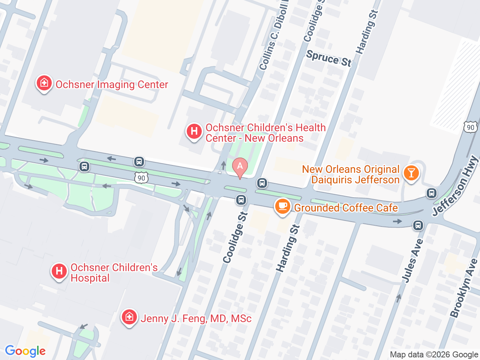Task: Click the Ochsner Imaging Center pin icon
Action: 44,83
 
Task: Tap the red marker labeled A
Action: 240,167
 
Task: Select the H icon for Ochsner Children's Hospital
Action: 59,271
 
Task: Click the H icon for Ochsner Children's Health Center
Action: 194,132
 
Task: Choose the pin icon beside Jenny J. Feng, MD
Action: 129,317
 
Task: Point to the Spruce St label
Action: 329,58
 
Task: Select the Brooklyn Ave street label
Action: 464,288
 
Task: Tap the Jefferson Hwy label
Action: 455,186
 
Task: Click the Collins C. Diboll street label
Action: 273,37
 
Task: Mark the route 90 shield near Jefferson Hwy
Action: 470,127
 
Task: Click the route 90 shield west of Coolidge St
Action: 141,178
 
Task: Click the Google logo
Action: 25,351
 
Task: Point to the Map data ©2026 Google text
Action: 434,354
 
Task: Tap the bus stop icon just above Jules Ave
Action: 418,225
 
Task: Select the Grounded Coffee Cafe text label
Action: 346,208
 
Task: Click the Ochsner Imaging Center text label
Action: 112,85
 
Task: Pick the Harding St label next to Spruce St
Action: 367,32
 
